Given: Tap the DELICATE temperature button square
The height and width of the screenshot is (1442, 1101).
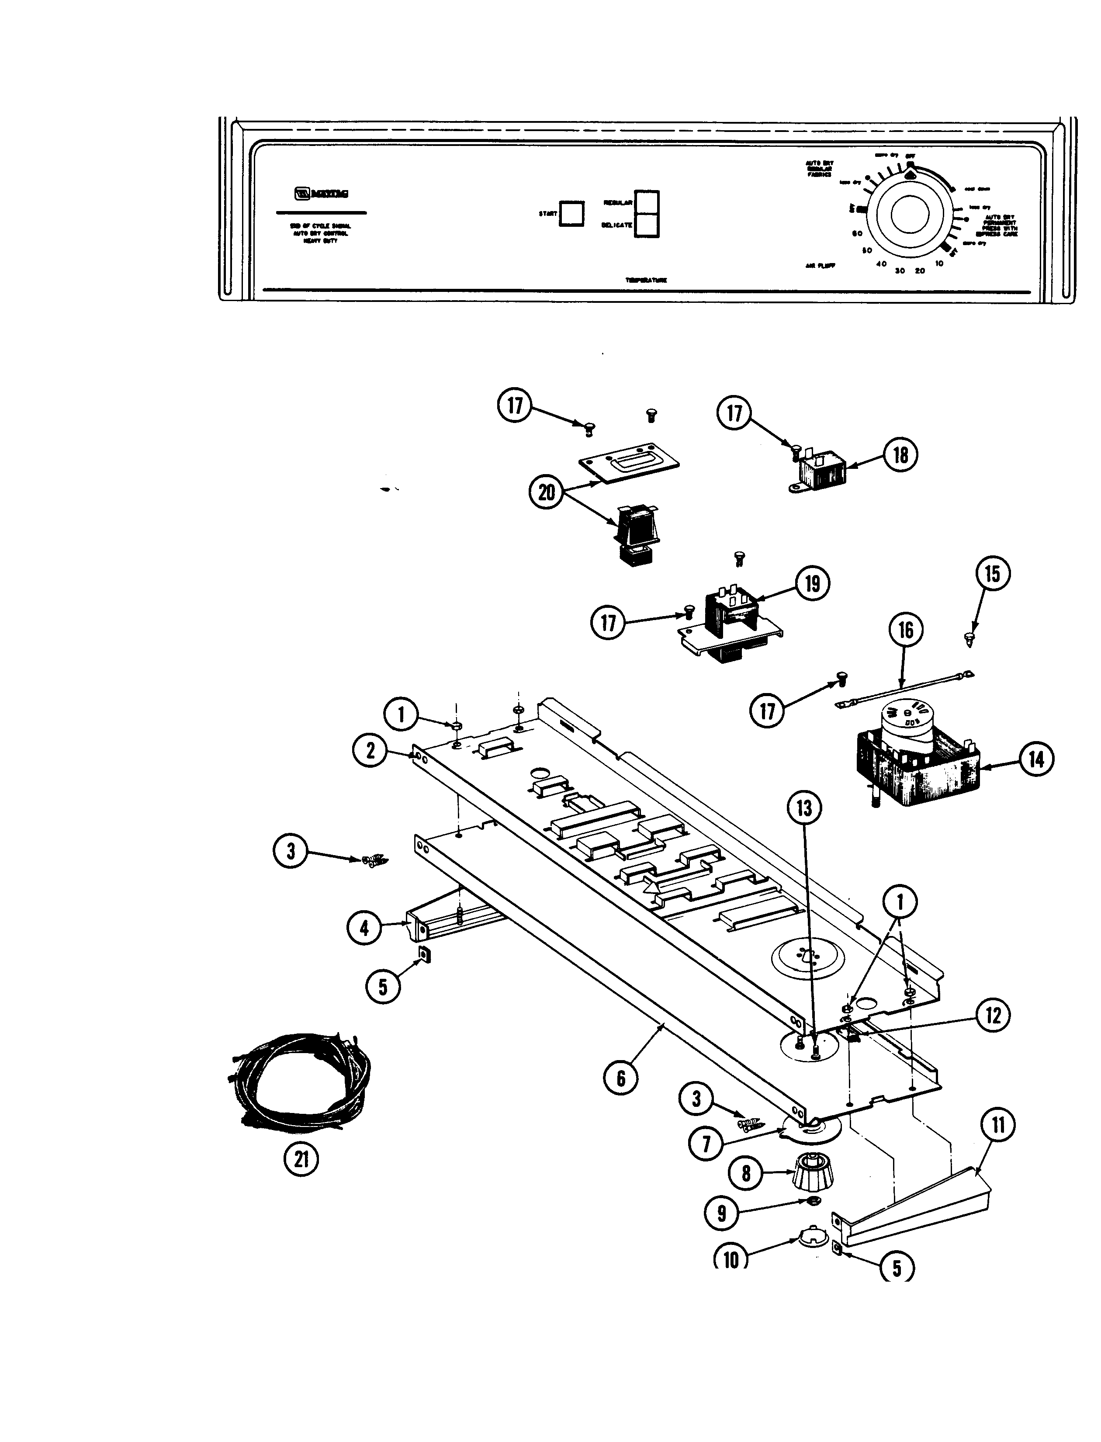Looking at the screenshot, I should pos(646,225).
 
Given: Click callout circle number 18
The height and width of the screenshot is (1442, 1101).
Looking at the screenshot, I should pos(900,455).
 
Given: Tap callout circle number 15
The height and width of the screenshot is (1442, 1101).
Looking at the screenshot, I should pos(992,573).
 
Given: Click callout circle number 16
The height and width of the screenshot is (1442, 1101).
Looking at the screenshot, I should pos(905,630).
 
